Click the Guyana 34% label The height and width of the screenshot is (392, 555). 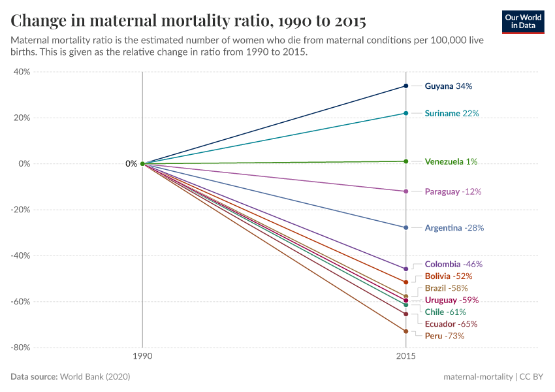[448, 86]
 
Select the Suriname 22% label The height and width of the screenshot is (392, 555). [451, 114]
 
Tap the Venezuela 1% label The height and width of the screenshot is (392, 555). [451, 161]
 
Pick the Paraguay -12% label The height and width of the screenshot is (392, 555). [452, 192]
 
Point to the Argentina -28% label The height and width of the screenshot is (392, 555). [454, 228]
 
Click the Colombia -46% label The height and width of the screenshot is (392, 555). [453, 265]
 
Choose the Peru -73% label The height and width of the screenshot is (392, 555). [444, 336]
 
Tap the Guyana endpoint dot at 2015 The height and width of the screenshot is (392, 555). [406, 86]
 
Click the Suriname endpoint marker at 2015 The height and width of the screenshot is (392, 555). [406, 114]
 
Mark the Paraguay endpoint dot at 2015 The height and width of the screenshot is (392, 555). [406, 191]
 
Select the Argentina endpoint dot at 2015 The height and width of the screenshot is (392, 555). [406, 228]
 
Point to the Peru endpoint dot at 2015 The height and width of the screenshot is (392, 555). [406, 331]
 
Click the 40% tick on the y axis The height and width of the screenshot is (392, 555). [22, 72]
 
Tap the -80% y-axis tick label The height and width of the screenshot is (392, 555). [20, 348]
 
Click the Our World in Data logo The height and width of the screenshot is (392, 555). [522, 22]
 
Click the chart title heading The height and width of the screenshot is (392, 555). [188, 21]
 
